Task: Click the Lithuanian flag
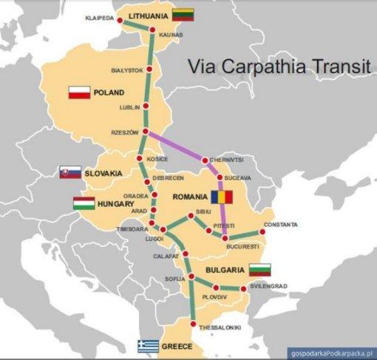pyautogui.click(x=183, y=14)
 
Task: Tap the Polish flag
pyautogui.click(x=79, y=92)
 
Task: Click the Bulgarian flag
pyautogui.click(x=259, y=270)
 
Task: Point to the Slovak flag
pyautogui.click(x=70, y=172)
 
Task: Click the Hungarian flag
pyautogui.click(x=84, y=203)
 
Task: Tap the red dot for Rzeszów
pyautogui.click(x=146, y=132)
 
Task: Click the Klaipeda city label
pyautogui.click(x=100, y=17)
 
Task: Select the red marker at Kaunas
pyautogui.click(x=152, y=31)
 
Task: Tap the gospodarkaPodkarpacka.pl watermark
pyautogui.click(x=330, y=353)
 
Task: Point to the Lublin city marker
pyautogui.click(x=146, y=107)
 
